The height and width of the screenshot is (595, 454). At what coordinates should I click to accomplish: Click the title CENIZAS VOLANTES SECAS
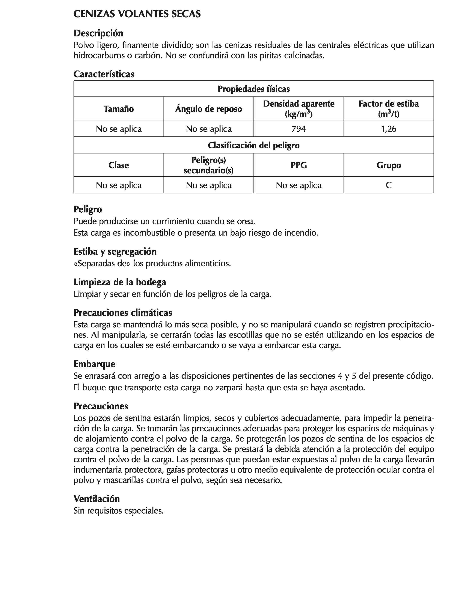137,14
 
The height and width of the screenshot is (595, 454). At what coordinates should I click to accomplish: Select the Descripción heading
98,33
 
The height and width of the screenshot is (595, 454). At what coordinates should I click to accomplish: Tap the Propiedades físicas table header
253,89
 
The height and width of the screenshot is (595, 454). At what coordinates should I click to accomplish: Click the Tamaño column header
119,109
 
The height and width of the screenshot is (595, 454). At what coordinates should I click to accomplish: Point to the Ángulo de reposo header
209,109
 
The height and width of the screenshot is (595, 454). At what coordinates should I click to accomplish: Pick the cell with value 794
299,129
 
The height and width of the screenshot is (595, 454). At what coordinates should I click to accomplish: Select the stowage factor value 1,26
389,129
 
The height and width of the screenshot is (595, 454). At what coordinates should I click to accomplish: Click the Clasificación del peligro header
253,145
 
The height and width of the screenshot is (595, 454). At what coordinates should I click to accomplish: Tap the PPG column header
299,165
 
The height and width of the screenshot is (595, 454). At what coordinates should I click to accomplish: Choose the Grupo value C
389,185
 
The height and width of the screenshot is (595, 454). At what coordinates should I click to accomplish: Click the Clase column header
119,165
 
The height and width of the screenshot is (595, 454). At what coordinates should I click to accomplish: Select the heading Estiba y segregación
115,251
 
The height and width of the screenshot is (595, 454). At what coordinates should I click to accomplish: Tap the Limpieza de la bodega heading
120,282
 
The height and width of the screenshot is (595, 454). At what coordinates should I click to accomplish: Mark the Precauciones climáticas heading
123,313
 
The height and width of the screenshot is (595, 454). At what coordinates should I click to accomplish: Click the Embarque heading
94,364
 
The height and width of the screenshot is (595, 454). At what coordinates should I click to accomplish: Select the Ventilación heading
97,499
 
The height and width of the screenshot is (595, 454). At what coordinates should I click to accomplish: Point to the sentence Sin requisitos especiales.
119,511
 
